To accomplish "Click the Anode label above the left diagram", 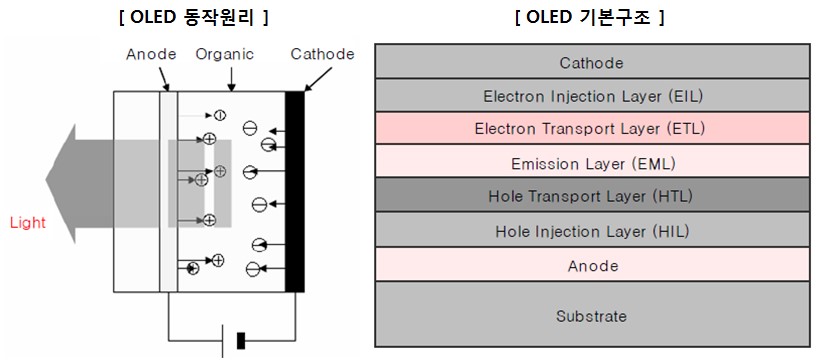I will (x=151, y=54).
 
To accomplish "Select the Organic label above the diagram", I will (x=225, y=54).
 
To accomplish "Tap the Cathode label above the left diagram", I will (x=322, y=54).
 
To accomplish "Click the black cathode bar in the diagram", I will (x=294, y=190).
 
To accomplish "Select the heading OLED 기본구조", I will (x=590, y=17).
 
